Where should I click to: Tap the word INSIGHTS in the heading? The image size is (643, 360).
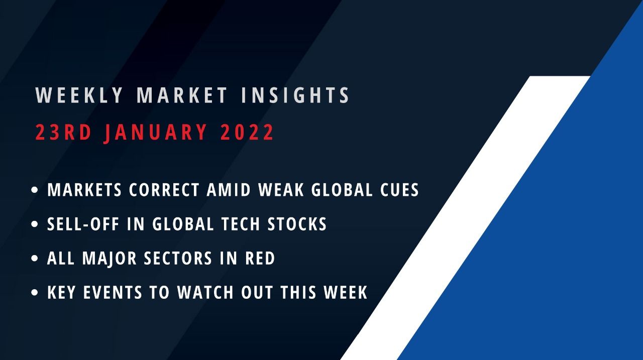point(295,95)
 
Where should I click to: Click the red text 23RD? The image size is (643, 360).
point(64,133)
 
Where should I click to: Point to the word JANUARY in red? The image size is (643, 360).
point(156,133)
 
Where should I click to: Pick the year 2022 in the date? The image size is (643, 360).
point(247,133)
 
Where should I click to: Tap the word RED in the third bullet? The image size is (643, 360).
point(260,259)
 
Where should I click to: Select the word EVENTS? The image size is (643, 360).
point(117,292)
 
